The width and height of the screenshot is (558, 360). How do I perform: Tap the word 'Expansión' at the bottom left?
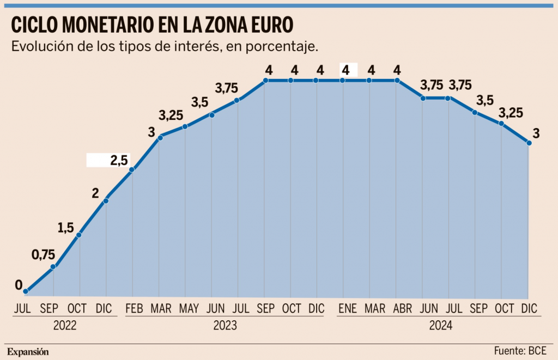tap(28, 351)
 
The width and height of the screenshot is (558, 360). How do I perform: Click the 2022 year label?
tap(65, 326)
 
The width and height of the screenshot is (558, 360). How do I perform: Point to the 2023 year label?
tap(225, 326)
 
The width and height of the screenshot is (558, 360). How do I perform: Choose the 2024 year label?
tap(441, 326)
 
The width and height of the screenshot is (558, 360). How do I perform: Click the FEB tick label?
tap(134, 309)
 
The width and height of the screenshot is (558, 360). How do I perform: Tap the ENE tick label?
tap(347, 309)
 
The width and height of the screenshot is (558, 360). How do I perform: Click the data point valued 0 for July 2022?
tap(25, 292)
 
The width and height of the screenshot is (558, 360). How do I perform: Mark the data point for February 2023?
tap(132, 170)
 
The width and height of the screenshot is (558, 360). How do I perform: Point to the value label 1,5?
tap(66, 229)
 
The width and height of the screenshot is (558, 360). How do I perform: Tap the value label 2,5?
tap(119, 160)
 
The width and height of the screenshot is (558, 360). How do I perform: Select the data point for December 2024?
tap(529, 143)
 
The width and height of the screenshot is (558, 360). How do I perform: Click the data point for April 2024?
tap(397, 81)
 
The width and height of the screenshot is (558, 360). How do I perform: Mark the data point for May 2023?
tap(185, 127)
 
